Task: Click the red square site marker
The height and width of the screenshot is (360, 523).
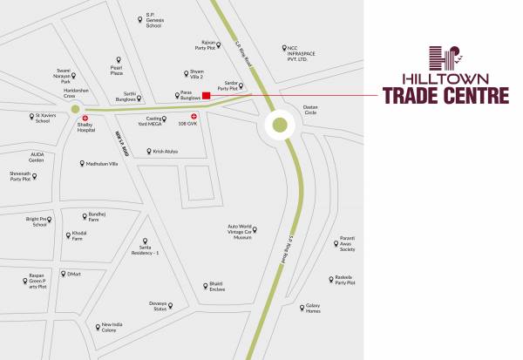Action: tap(206, 95)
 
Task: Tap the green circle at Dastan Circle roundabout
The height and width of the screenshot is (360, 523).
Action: tap(279, 125)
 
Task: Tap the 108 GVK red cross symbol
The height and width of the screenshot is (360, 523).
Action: tap(194, 116)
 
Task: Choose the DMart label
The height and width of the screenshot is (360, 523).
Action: tap(74, 274)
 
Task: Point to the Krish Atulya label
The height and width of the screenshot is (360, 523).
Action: tap(165, 152)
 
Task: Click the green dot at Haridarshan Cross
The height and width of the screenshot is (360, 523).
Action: tap(75, 110)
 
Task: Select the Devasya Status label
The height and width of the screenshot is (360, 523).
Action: tap(160, 308)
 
